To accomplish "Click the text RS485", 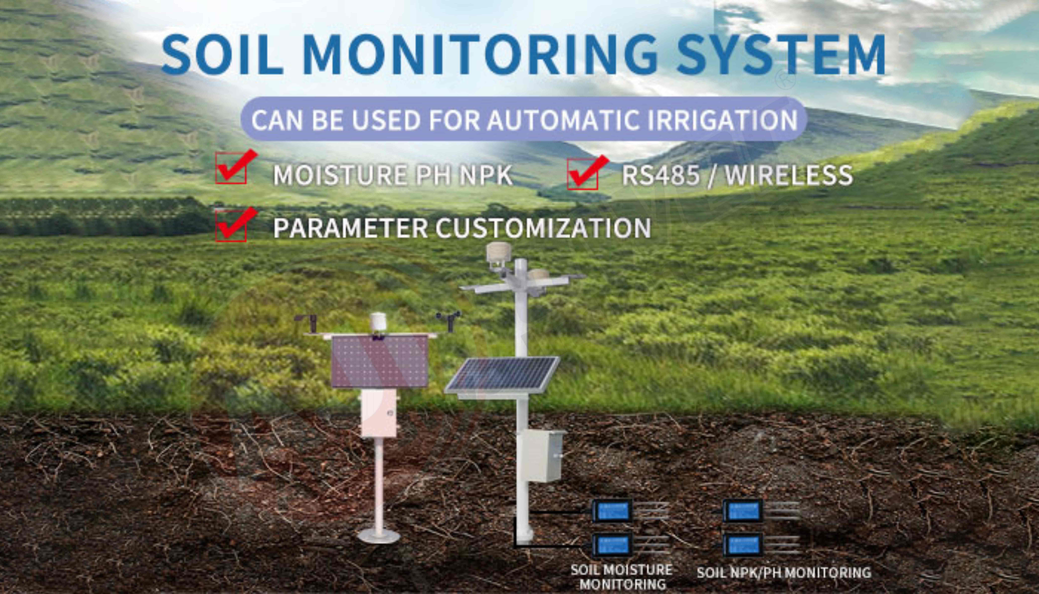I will click(x=660, y=175).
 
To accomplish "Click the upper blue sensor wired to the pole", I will click(x=611, y=510).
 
